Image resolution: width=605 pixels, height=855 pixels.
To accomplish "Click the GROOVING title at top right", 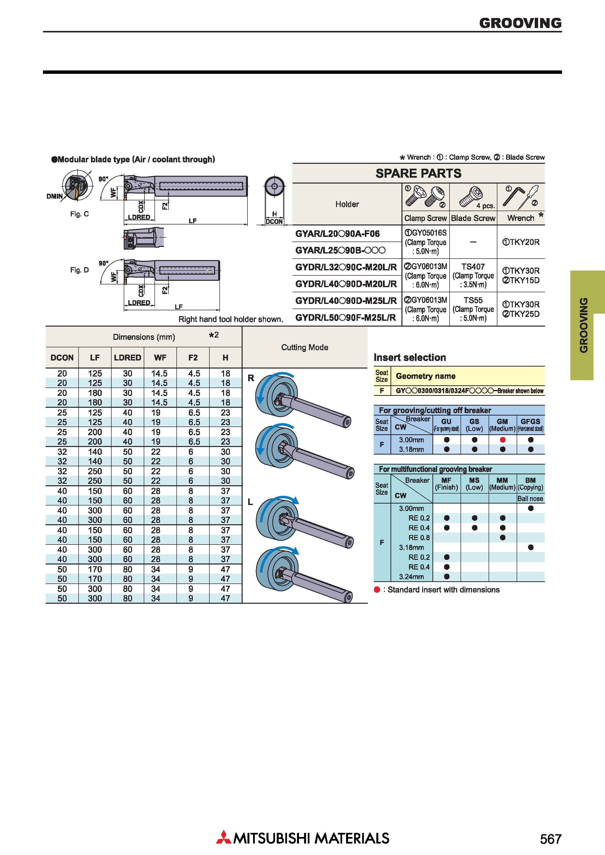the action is click(x=520, y=23).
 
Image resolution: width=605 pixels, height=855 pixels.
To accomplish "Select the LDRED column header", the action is click(x=127, y=358).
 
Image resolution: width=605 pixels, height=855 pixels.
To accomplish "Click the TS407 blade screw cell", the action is click(x=473, y=267).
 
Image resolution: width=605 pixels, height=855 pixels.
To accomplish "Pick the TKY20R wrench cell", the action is click(x=521, y=242).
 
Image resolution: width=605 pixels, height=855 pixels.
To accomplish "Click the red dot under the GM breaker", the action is click(x=502, y=440).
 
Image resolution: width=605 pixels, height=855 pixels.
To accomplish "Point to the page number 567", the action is click(x=551, y=839).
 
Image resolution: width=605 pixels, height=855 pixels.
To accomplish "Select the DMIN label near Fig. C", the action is click(x=54, y=196).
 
